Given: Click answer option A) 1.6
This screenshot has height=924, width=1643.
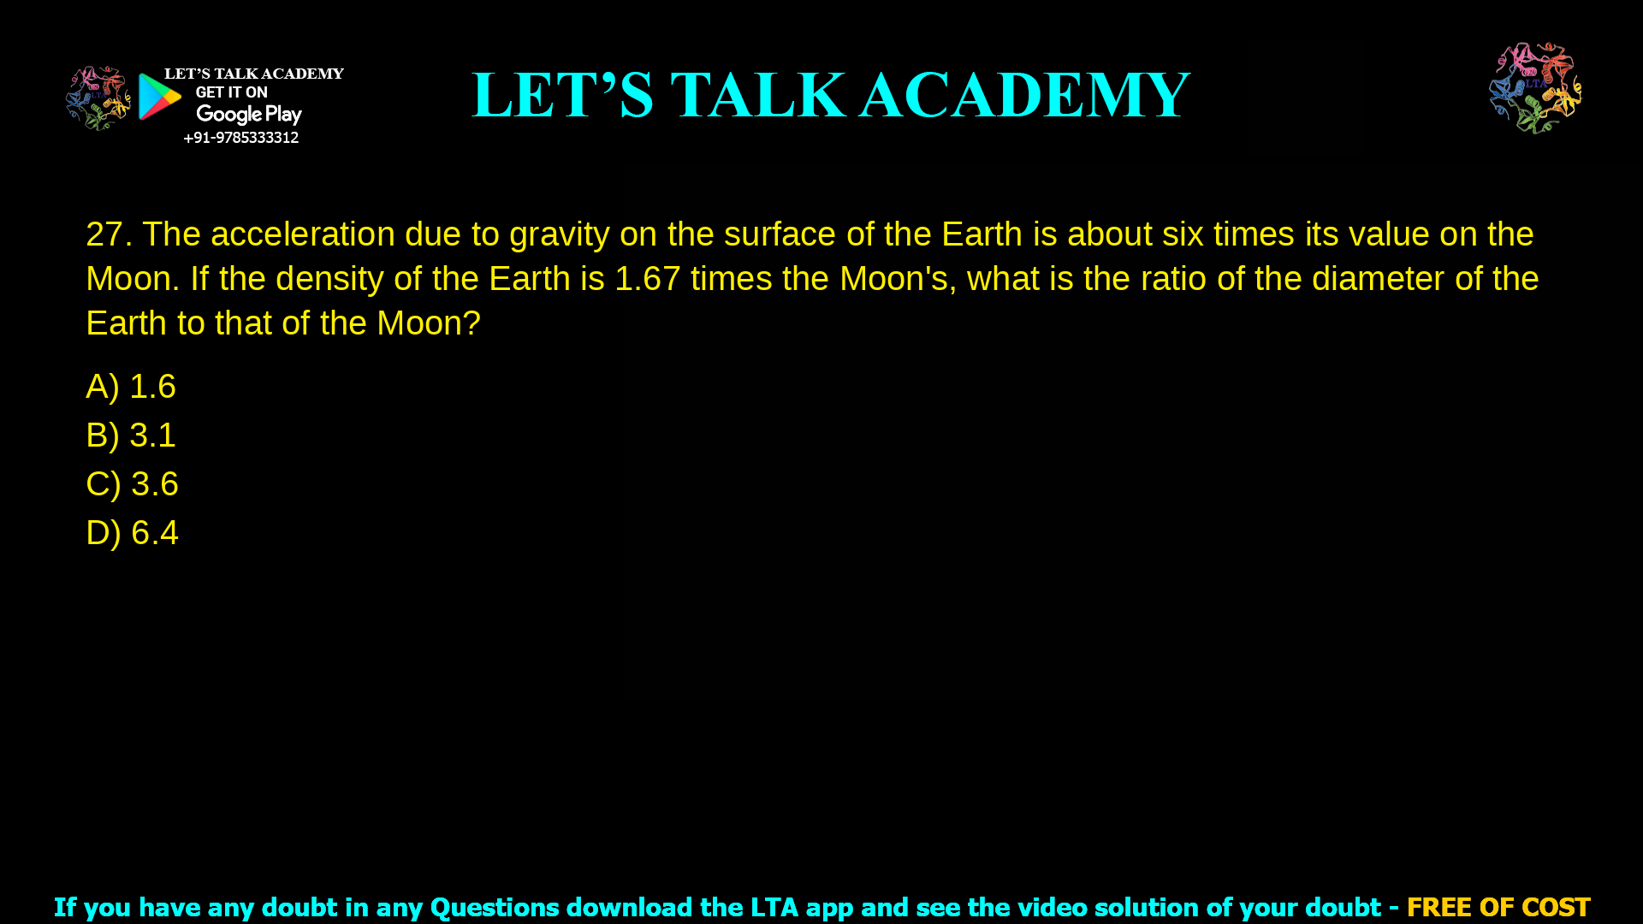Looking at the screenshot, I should [x=131, y=387].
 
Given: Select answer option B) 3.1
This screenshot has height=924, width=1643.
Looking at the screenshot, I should [x=131, y=435].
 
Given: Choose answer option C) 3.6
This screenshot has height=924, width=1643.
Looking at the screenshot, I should [x=132, y=484].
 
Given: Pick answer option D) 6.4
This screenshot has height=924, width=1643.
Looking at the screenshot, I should [x=132, y=533].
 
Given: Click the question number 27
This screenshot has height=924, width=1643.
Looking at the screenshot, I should [x=108, y=234].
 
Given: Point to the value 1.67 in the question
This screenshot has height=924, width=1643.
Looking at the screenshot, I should [x=647, y=279].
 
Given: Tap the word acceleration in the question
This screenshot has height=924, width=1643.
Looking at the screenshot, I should [x=303, y=234].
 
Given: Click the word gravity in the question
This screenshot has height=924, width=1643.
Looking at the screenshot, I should [x=560, y=234].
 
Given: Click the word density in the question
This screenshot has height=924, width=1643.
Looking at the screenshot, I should [x=329, y=279].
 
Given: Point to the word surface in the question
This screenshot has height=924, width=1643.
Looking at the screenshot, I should [x=779, y=234].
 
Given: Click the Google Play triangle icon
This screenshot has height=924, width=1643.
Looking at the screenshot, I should [x=159, y=97].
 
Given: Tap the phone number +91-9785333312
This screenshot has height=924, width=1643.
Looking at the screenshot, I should [x=240, y=138].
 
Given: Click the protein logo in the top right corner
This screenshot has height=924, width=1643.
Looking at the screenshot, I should [x=1535, y=87].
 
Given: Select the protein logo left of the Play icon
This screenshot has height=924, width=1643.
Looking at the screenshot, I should [x=98, y=98].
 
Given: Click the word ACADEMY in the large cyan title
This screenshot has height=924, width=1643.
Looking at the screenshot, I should [x=1024, y=95].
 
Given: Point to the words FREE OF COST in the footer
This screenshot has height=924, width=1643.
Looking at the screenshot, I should [x=1498, y=907].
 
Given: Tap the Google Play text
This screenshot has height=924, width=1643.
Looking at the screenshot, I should [x=248, y=115].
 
